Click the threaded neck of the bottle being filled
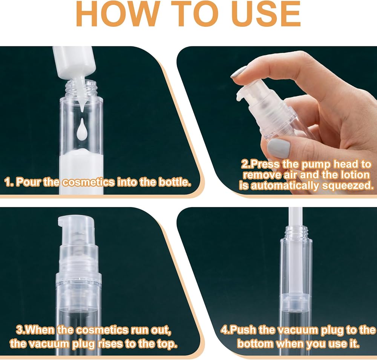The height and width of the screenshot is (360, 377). [81, 88]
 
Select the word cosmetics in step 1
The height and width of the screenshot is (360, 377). [88, 182]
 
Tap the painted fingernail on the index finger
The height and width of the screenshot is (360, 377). [238, 72]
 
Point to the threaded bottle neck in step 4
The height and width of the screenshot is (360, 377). [296, 231]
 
